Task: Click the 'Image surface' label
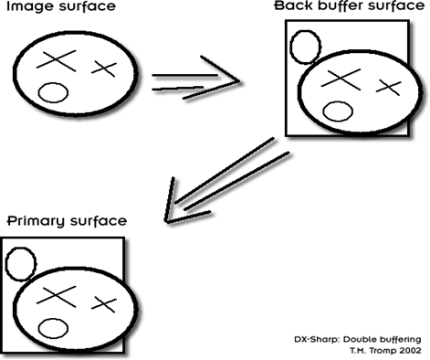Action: pyautogui.click(x=61, y=6)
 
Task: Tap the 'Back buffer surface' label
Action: pyautogui.click(x=350, y=5)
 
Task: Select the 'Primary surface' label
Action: pyautogui.click(x=67, y=220)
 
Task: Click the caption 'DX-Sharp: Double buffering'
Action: pyautogui.click(x=358, y=339)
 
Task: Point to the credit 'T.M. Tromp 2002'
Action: pyautogui.click(x=385, y=351)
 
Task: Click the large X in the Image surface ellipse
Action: pyautogui.click(x=57, y=61)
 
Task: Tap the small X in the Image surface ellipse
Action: pyautogui.click(x=104, y=69)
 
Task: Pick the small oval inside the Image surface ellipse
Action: pyautogui.click(x=53, y=92)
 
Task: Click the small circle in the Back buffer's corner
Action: pyautogui.click(x=305, y=47)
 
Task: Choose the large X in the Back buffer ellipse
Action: pyautogui.click(x=341, y=79)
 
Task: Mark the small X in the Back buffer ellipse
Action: pyautogui.click(x=389, y=88)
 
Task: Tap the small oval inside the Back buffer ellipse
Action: pyautogui.click(x=338, y=111)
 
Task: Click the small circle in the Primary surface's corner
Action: pyautogui.click(x=21, y=264)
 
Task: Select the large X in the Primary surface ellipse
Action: pyautogui.click(x=57, y=297)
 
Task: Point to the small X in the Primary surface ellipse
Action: pyautogui.click(x=104, y=304)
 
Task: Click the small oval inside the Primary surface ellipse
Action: pyautogui.click(x=53, y=328)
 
